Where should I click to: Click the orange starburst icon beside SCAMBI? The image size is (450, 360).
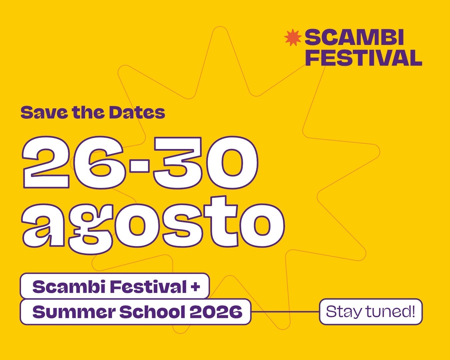(293, 38)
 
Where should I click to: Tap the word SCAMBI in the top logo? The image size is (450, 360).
(354, 37)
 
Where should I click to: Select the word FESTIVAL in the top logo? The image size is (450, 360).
(364, 58)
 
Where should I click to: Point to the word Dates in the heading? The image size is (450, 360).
(137, 113)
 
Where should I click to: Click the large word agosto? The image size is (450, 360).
(153, 225)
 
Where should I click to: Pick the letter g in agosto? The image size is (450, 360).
(90, 229)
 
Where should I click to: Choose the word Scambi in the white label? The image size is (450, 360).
(69, 287)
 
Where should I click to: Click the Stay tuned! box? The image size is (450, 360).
(371, 312)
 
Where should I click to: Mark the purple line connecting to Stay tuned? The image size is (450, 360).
(285, 312)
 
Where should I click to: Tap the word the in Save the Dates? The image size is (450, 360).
(89, 113)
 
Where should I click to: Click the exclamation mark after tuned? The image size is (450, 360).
(413, 311)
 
